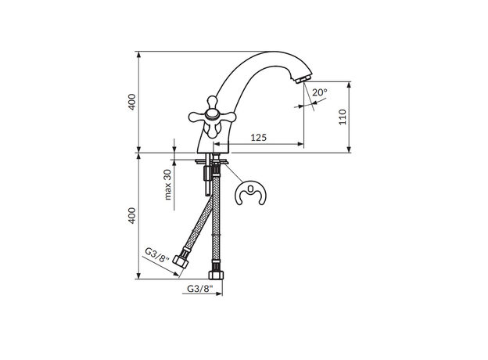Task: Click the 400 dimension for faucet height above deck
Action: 132,102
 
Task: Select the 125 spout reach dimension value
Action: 260,138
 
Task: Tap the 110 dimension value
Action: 342,118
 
